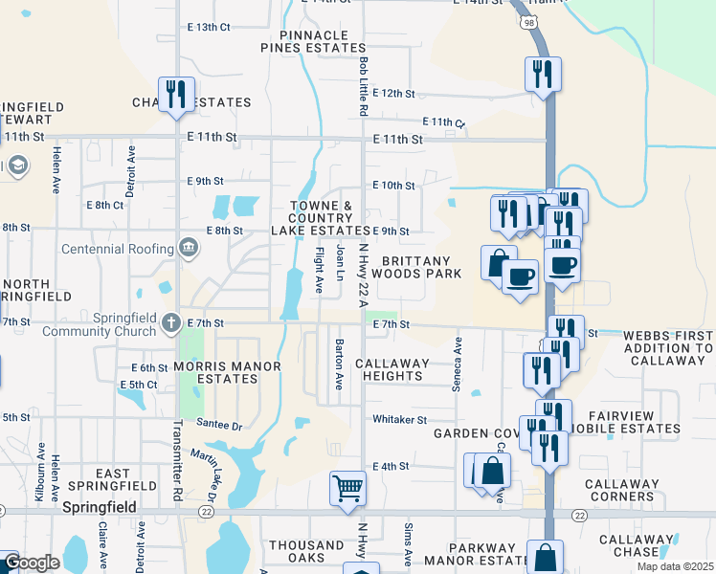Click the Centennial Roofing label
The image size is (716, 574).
point(115,249)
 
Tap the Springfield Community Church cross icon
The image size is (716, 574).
point(170,321)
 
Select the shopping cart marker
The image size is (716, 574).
point(347,488)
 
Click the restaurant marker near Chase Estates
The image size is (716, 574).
point(176,94)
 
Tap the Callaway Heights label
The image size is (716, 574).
point(389,370)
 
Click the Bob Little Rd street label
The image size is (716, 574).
point(365,86)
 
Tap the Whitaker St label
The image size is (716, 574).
point(399,420)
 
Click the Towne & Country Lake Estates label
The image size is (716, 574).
point(320,218)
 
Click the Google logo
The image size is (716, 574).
point(32,563)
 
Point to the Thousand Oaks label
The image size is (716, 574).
point(306,552)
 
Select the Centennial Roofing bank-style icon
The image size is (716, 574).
point(189,249)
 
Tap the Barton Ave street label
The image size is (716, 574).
point(338,364)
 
